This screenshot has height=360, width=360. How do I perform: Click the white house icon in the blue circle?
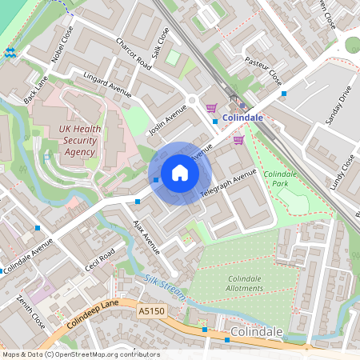180,173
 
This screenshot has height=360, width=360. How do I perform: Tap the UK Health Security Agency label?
77,141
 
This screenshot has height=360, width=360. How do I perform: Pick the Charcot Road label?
132,53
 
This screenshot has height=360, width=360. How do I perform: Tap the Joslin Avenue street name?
168,121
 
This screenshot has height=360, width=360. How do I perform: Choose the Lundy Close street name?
342,172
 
